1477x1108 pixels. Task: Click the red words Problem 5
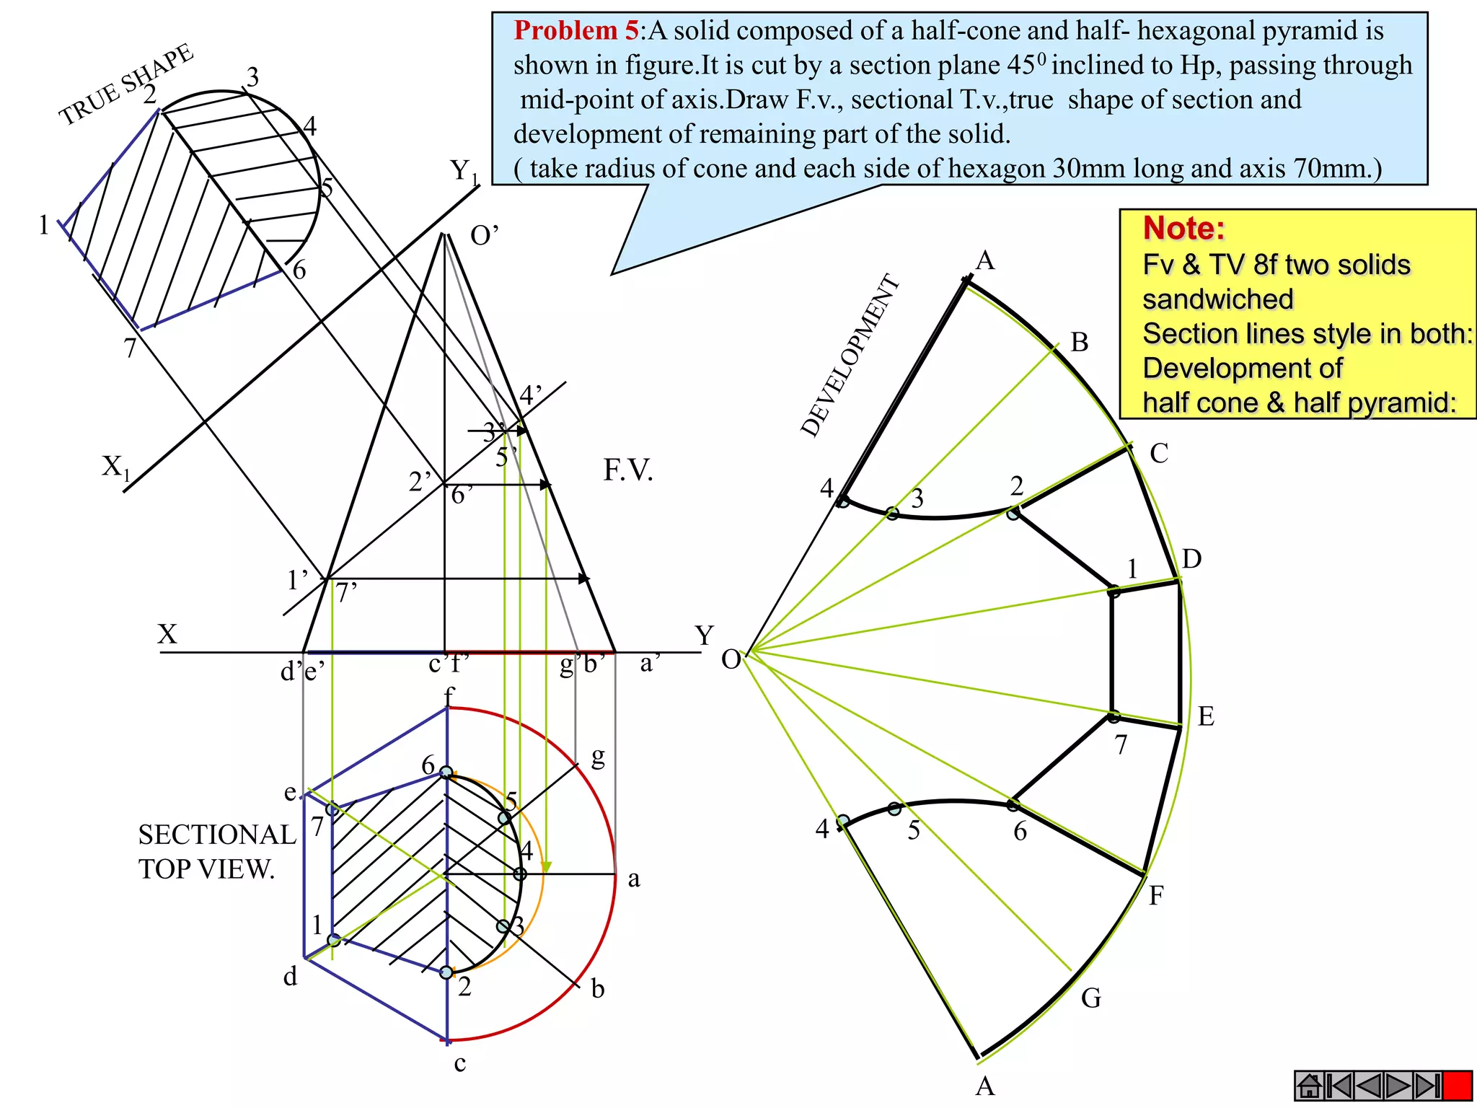click(x=576, y=30)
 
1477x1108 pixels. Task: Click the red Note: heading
click(x=1183, y=229)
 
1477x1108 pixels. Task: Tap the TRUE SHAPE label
click(x=126, y=85)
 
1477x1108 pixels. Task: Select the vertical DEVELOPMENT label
click(x=851, y=356)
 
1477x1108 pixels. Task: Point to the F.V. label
click(x=628, y=470)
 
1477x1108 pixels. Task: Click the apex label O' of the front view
click(x=484, y=235)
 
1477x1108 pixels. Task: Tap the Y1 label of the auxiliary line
click(x=464, y=172)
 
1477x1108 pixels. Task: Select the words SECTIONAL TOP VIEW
click(x=216, y=851)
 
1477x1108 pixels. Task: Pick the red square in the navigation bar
click(x=1457, y=1086)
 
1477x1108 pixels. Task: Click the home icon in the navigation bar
click(x=1309, y=1086)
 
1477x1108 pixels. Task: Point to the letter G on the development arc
click(x=1091, y=998)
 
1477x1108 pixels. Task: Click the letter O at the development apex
click(x=731, y=659)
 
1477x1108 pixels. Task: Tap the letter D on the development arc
click(x=1191, y=559)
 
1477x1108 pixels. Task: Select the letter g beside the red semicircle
click(x=598, y=757)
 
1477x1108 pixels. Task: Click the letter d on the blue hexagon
click(x=290, y=977)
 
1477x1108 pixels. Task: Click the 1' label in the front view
click(x=297, y=579)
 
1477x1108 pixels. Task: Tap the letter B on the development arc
click(x=1079, y=342)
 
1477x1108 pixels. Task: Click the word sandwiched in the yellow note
click(x=1218, y=299)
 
